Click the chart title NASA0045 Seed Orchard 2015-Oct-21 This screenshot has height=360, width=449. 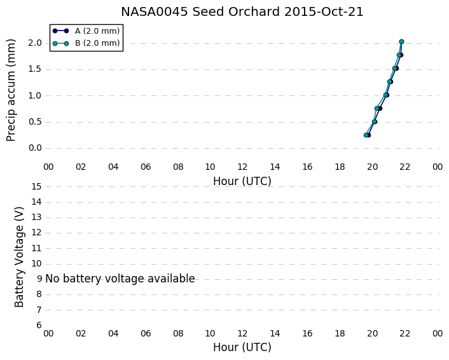click(x=242, y=12)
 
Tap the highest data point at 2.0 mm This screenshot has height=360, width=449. click(x=401, y=42)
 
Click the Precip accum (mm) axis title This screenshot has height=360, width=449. click(x=11, y=90)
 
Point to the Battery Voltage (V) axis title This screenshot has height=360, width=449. click(x=19, y=257)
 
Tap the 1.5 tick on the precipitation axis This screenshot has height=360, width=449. click(x=35, y=69)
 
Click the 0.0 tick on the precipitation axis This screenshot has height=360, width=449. click(x=35, y=148)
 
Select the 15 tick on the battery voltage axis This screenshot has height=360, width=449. click(x=37, y=187)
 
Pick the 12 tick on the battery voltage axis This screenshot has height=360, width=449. click(x=37, y=233)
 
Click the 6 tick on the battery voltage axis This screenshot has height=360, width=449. click(x=39, y=325)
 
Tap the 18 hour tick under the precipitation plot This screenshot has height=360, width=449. click(x=340, y=167)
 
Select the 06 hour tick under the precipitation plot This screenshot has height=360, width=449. click(x=146, y=167)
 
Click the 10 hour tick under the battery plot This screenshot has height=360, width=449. click(x=210, y=333)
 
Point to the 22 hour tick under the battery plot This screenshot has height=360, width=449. click(x=405, y=333)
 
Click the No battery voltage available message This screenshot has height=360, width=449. click(x=120, y=279)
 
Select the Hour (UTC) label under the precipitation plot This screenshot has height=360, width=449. click(x=242, y=181)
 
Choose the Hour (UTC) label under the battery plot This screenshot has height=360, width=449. click(x=242, y=347)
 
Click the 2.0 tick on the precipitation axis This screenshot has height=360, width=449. click(x=35, y=43)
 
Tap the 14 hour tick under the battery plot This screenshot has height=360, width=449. click(x=275, y=333)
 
